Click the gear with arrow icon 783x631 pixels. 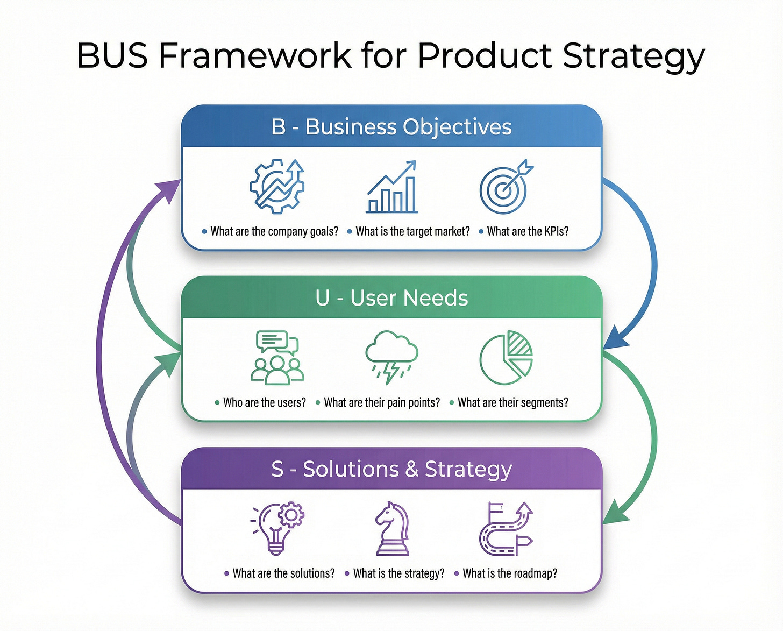point(277,186)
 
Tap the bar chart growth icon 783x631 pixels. point(392,187)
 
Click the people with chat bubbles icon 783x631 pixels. point(277,357)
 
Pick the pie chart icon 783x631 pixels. point(506,358)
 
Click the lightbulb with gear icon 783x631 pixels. point(277,528)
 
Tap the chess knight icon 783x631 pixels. point(392,528)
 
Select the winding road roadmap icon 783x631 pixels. point(506,528)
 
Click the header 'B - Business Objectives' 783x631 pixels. point(391,127)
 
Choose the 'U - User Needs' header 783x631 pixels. point(391,298)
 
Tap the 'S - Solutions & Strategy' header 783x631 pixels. point(391,469)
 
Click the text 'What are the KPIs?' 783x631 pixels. point(527,231)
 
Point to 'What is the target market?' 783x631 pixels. point(412,231)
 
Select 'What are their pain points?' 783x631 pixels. point(382,402)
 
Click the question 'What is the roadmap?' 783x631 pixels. point(509,573)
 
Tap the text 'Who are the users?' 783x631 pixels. point(264,402)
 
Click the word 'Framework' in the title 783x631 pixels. point(255,55)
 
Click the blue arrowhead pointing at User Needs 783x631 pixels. point(615,341)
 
